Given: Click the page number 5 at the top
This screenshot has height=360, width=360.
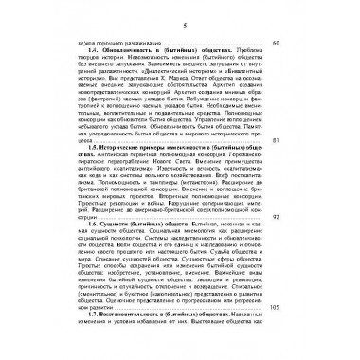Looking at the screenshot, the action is (x=180, y=13).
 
